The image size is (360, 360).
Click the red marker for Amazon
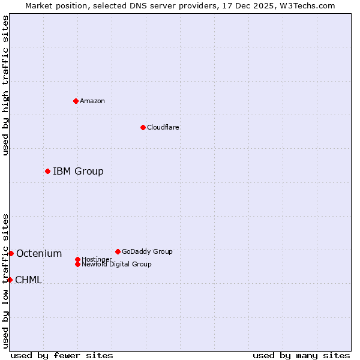coord(76,101)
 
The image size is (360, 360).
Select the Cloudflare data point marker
coord(143,127)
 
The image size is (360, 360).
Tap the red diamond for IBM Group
coord(47,171)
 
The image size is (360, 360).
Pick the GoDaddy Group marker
coord(118,251)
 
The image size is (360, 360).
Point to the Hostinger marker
coord(77,259)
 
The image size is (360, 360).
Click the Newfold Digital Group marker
coord(77,264)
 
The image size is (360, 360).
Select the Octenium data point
coord(11,253)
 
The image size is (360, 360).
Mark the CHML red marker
coord(10,280)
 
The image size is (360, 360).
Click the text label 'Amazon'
coord(92,101)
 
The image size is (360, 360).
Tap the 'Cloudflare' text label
coord(163,127)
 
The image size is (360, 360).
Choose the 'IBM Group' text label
coord(78,172)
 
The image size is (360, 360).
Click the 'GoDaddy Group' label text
coord(147,251)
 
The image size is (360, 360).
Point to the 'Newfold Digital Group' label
coord(117,265)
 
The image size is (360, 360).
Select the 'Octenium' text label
coord(39,254)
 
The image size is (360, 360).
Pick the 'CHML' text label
coord(29,280)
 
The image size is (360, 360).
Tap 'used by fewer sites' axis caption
coord(62,355)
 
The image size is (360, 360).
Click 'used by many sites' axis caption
coord(301,355)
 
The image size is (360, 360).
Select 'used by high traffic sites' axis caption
coord(5,85)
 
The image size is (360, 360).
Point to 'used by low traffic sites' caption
coord(5,281)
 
